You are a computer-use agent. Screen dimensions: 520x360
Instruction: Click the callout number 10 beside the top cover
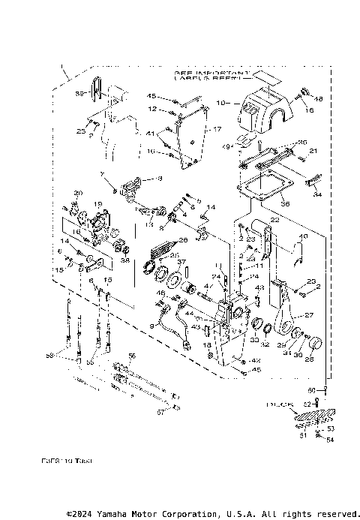click(x=220, y=102)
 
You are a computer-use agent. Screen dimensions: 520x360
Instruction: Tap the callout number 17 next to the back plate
click(x=218, y=129)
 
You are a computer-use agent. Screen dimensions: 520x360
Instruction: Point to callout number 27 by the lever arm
click(x=310, y=316)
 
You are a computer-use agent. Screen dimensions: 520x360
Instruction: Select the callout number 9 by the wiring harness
click(x=151, y=326)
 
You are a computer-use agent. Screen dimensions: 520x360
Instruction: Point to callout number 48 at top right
click(x=318, y=99)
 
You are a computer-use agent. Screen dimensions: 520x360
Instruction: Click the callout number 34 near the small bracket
click(x=316, y=194)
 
